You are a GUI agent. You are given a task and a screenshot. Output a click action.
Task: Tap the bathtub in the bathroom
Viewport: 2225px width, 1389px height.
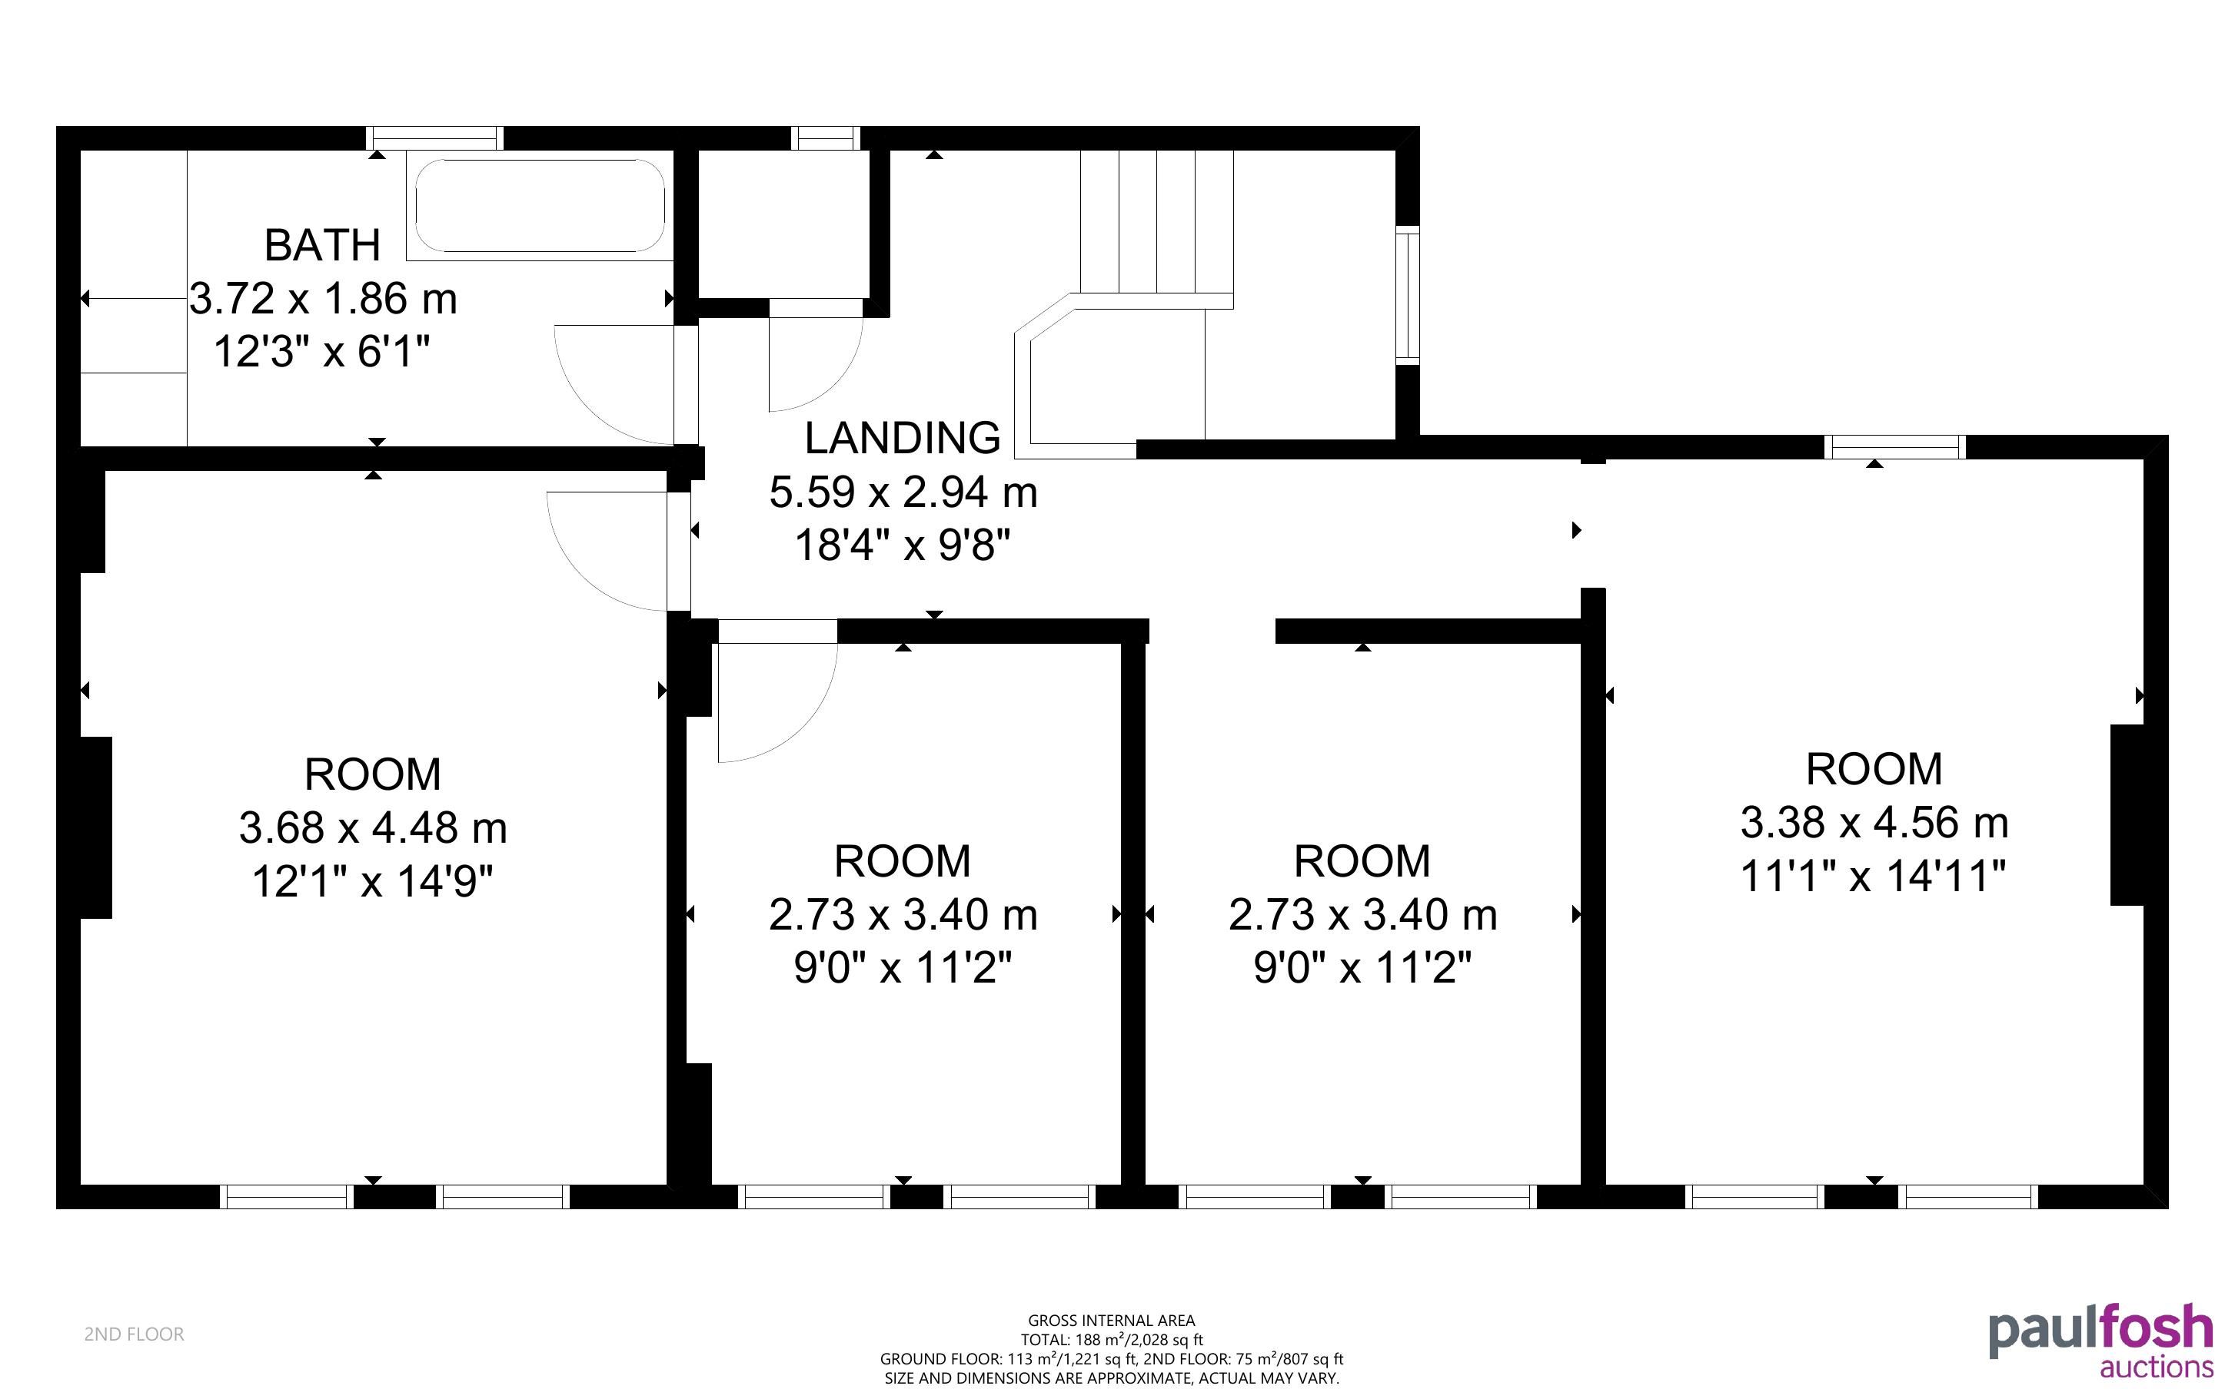point(540,206)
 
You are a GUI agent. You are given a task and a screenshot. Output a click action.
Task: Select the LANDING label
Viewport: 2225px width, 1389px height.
point(903,438)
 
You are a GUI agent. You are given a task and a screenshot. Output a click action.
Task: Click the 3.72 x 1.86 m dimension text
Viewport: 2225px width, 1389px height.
point(324,299)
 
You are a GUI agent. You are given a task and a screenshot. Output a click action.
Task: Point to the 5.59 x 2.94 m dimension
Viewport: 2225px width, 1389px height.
point(903,492)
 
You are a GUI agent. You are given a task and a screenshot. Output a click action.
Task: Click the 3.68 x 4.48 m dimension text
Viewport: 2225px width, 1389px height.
point(373,827)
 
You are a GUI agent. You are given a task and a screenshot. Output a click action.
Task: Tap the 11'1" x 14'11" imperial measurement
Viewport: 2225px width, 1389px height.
point(1874,876)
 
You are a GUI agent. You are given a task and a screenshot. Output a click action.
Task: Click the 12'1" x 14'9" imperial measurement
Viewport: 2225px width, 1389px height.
point(373,882)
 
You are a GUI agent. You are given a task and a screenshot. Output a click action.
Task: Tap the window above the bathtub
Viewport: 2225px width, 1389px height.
point(434,138)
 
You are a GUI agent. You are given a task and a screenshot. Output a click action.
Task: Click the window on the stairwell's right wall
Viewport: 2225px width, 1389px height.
point(1408,295)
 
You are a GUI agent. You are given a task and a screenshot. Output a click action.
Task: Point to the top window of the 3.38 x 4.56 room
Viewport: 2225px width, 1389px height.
point(1895,446)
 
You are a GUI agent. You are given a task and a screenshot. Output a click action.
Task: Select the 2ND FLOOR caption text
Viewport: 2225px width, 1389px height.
point(135,1334)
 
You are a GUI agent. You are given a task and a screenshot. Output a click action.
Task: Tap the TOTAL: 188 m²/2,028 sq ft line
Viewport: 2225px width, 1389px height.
point(1111,1339)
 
